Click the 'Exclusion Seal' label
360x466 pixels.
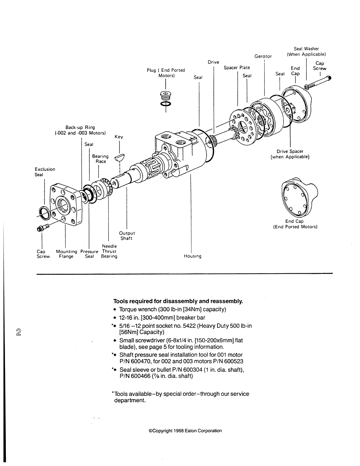(45, 172)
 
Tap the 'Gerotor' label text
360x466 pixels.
(263, 56)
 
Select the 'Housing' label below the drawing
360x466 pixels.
(193, 256)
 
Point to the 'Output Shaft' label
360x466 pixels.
(127, 236)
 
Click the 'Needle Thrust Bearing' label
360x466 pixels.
(109, 251)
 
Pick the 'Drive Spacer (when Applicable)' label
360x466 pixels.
(290, 154)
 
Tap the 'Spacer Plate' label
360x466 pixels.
(237, 67)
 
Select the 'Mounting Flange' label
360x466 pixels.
(66, 254)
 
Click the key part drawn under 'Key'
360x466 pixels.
(120, 157)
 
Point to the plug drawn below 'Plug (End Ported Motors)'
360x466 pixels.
(166, 96)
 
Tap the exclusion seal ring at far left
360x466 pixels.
(44, 213)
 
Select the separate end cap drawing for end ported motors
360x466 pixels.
(299, 197)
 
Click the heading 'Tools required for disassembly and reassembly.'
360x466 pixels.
(178, 301)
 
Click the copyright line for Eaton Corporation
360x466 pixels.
(185, 431)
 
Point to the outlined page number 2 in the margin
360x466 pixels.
(19, 332)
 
